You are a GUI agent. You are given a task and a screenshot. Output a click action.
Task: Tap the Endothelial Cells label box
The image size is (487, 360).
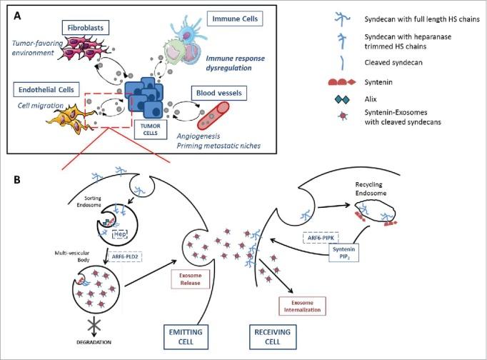(x=49, y=89)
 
